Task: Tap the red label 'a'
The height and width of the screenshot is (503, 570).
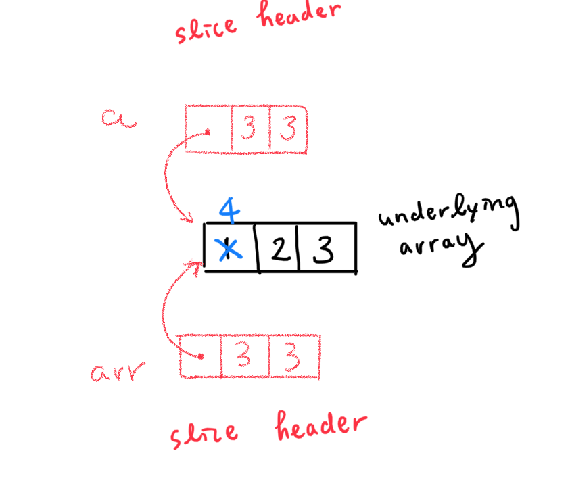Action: (119, 119)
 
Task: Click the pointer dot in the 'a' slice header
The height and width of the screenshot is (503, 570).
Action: (208, 131)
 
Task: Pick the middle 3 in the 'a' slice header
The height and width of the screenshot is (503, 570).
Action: (249, 129)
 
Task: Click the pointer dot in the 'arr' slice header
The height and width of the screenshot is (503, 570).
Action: (200, 356)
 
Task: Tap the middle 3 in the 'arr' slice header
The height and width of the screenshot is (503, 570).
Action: (242, 356)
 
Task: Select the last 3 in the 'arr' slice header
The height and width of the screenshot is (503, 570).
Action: (292, 356)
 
